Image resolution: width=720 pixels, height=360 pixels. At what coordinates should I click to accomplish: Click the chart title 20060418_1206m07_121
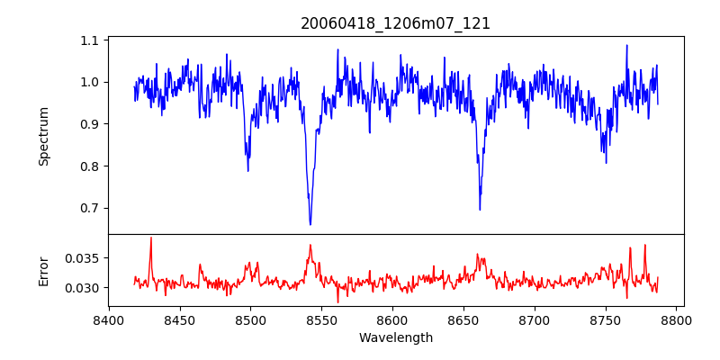[395, 23]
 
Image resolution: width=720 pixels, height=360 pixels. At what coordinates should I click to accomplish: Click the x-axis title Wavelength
[395, 338]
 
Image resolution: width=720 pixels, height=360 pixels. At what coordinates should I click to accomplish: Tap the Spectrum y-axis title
[44, 136]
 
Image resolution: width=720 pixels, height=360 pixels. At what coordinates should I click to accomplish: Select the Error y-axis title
[44, 271]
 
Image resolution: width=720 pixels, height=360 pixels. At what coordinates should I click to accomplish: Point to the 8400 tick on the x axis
[109, 319]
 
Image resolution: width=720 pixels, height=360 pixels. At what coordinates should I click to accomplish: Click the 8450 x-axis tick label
[179, 319]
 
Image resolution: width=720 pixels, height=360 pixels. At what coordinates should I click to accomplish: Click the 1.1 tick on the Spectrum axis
[90, 40]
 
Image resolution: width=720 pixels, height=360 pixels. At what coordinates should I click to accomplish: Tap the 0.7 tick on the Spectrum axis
[90, 208]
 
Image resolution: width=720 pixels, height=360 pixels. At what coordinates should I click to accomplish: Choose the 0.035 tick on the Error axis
[84, 257]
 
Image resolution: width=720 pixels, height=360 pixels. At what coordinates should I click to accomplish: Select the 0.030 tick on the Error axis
[84, 288]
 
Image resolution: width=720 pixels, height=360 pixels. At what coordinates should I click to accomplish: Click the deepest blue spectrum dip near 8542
[310, 224]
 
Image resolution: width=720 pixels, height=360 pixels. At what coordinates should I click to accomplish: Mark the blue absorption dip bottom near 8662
[480, 210]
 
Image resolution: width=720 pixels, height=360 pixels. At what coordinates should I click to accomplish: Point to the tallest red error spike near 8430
[151, 238]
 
